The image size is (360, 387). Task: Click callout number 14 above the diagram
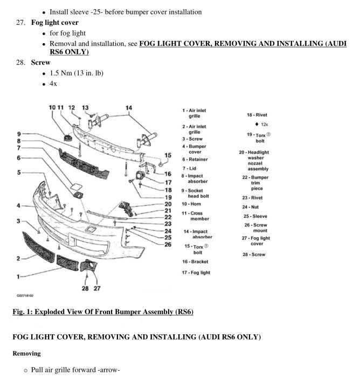pos(128,108)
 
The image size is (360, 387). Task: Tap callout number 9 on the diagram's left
pos(18,134)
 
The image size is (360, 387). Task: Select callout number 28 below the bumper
pos(85,289)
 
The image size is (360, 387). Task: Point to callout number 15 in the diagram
pos(168,155)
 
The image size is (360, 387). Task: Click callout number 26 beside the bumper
pos(168,244)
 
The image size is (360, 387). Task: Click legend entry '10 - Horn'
pos(192,204)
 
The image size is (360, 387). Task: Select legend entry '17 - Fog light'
pos(196,273)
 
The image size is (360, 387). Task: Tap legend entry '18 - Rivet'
pos(257,115)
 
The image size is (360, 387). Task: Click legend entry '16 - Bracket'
pos(195,261)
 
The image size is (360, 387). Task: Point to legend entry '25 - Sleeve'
pos(255,216)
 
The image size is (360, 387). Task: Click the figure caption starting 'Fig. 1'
pos(102,312)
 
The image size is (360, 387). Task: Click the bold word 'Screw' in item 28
pos(40,63)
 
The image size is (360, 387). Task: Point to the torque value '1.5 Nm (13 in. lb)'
pos(76,73)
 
